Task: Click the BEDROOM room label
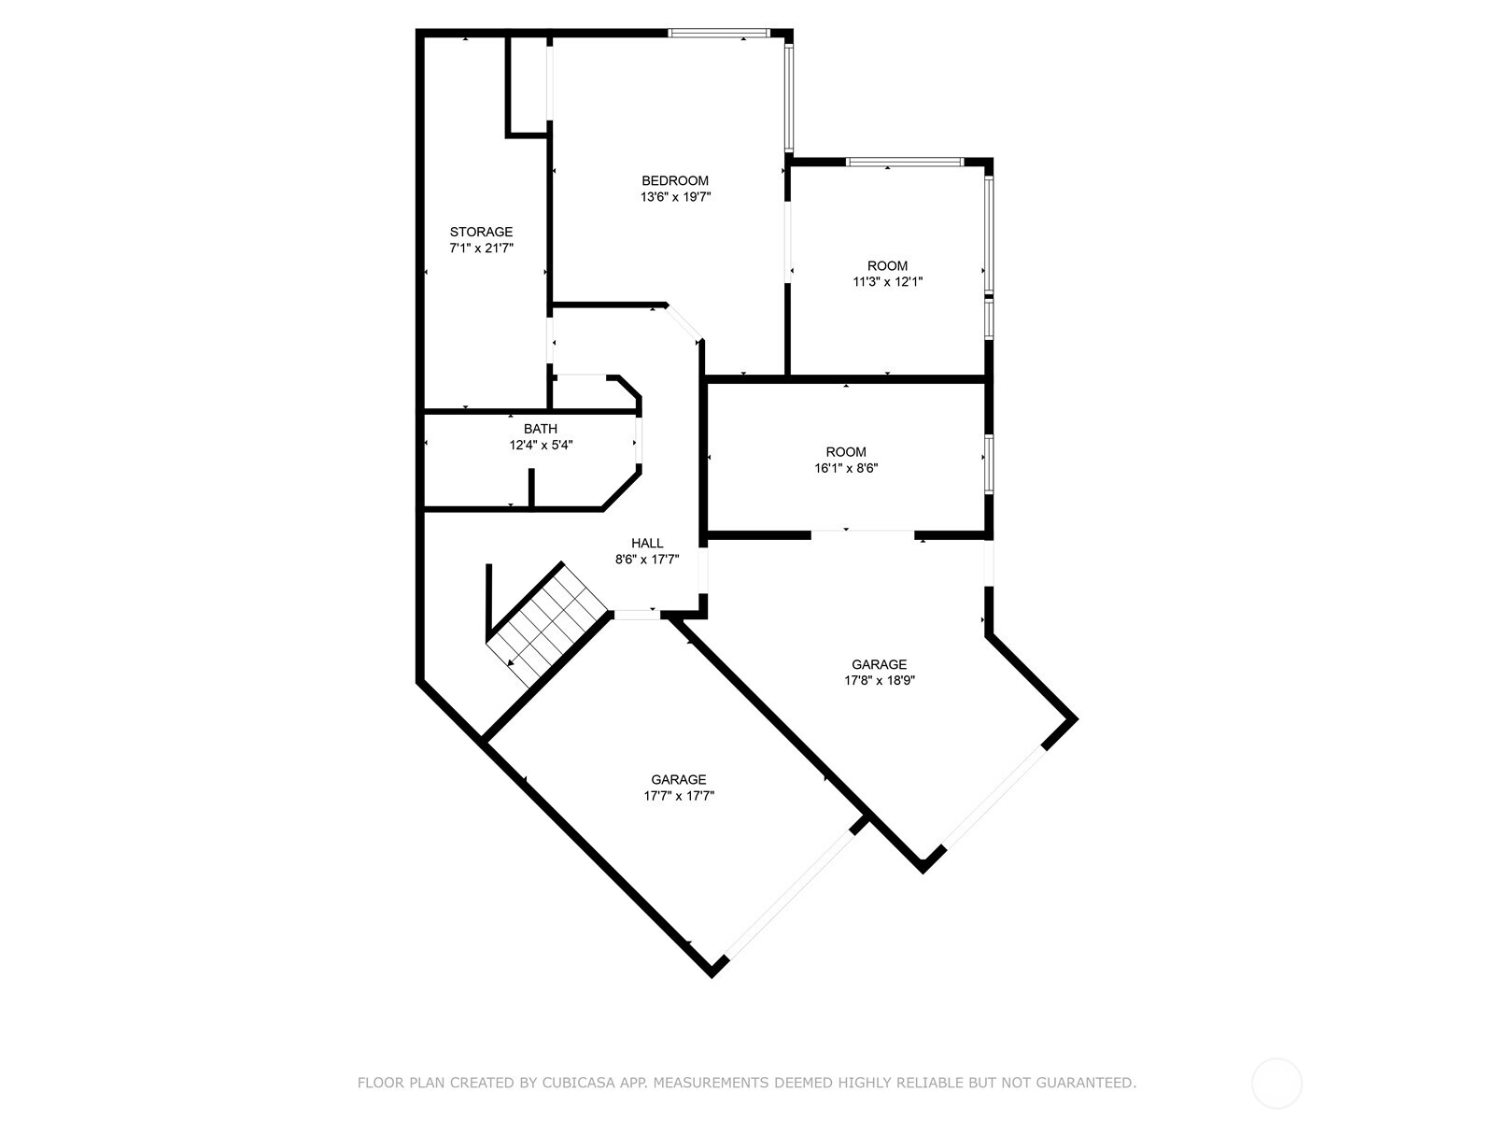674,180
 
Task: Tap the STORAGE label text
481,232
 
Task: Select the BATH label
541,429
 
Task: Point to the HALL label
646,543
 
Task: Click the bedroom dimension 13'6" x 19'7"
675,197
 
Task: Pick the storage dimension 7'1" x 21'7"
481,248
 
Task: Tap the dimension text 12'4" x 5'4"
541,446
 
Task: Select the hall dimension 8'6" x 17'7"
647,560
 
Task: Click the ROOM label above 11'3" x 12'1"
888,265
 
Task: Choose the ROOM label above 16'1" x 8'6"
846,452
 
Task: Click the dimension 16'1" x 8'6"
846,468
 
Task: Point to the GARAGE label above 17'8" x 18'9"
880,664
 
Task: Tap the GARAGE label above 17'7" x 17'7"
679,779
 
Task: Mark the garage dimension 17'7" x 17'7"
679,796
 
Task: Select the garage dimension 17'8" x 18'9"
880,681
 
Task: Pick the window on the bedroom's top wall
718,32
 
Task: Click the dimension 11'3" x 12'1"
888,282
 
